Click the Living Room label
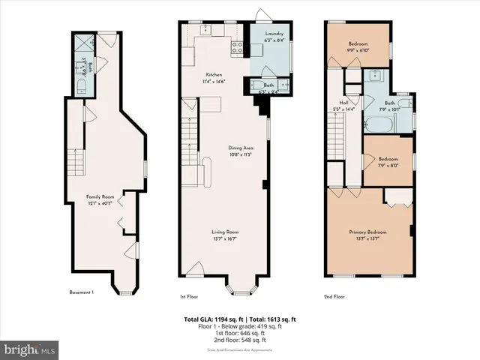click(224, 235)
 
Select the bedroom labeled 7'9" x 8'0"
click(388, 161)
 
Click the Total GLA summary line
click(240, 319)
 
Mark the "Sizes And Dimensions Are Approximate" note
click(240, 350)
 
